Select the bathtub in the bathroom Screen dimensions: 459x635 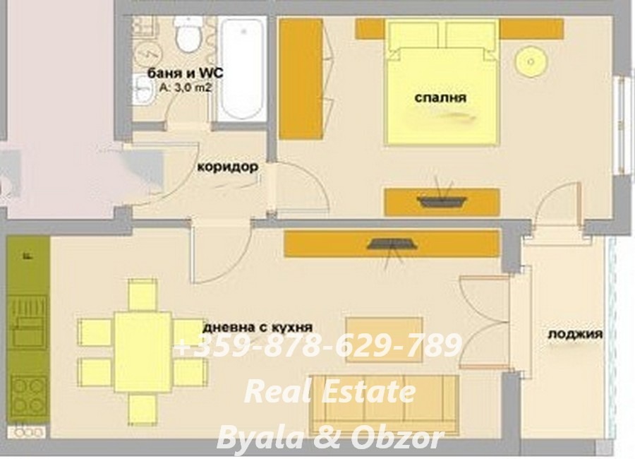coord(241,68)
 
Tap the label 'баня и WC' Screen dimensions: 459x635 coord(179,73)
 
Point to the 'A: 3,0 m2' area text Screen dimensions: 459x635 coord(186,88)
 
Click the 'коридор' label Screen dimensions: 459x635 coord(227,167)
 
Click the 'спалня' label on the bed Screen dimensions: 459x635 coord(441,98)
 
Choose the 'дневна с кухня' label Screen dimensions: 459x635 coord(258,327)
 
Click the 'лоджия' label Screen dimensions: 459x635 coord(575,334)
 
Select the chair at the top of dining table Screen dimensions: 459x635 coord(142,295)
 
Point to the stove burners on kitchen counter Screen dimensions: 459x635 coord(29,395)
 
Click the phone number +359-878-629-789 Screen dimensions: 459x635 coord(318,347)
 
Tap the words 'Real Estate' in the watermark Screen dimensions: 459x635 coord(329,392)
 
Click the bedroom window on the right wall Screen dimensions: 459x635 coord(622,124)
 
